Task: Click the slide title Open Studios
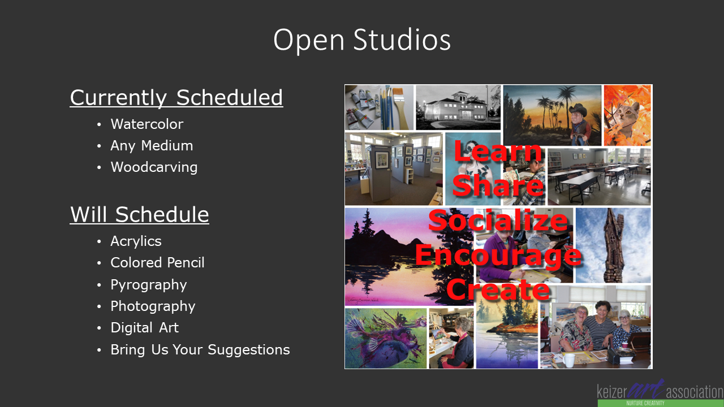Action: point(361,40)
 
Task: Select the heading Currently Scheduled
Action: point(176,98)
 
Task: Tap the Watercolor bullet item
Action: point(146,124)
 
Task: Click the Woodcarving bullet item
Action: point(154,167)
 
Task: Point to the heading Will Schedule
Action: point(139,214)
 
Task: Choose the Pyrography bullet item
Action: point(149,285)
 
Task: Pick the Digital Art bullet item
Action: point(144,327)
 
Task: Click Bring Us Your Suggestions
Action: point(200,349)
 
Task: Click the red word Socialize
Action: point(498,220)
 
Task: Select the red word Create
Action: point(498,289)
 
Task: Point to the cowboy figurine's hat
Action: point(578,110)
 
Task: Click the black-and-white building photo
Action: point(458,107)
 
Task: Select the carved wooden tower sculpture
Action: point(613,245)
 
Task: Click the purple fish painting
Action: point(386,339)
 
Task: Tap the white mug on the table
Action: point(568,360)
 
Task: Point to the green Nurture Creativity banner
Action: point(661,403)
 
